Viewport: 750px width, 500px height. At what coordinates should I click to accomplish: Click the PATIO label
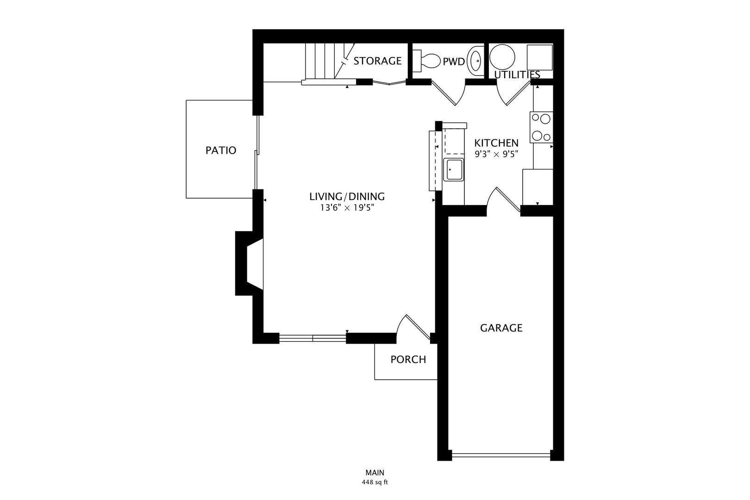click(221, 150)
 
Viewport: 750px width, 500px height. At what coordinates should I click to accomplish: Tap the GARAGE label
click(501, 328)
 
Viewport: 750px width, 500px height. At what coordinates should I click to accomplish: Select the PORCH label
click(408, 360)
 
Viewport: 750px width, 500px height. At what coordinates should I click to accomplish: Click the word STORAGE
click(377, 61)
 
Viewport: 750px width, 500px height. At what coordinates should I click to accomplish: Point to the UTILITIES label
click(517, 75)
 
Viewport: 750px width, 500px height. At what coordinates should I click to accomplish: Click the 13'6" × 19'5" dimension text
click(347, 208)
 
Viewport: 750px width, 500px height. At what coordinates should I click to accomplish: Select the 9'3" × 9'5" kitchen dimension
click(496, 155)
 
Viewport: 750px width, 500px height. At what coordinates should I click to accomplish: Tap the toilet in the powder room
click(428, 61)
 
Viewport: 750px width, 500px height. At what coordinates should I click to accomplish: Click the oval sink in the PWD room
click(475, 61)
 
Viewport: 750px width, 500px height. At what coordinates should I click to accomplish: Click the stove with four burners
click(541, 127)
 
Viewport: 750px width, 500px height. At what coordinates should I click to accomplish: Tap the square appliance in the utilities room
click(540, 57)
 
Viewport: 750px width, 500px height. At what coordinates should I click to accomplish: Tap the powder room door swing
click(449, 93)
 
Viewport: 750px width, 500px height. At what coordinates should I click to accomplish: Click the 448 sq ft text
click(375, 482)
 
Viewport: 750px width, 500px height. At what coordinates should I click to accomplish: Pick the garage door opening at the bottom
click(501, 456)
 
